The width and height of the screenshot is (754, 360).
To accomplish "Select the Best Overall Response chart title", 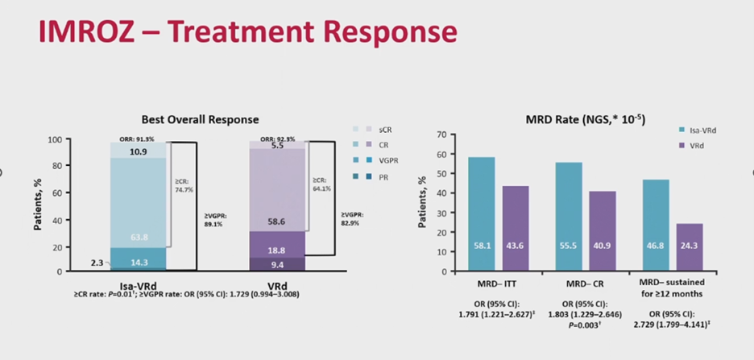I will pyautogui.click(x=200, y=119).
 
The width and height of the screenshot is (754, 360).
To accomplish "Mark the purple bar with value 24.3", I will pyautogui.click(x=690, y=247).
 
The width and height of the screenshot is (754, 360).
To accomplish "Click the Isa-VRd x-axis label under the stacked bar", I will pyautogui.click(x=139, y=284).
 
